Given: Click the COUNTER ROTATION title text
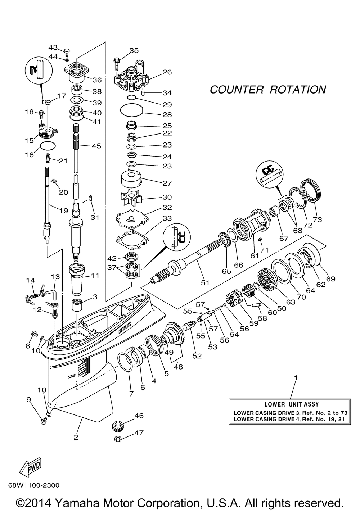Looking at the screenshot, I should (x=268, y=90).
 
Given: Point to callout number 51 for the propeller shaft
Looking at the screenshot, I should (x=205, y=282).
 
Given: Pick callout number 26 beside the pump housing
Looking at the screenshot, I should (x=167, y=72).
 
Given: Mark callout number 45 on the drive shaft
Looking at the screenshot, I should (x=96, y=146).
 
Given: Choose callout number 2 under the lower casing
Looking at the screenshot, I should (x=76, y=437).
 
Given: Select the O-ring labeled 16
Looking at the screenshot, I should (x=48, y=146).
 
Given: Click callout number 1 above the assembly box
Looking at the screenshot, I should (x=296, y=378).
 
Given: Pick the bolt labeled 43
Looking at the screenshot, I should (x=68, y=51).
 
